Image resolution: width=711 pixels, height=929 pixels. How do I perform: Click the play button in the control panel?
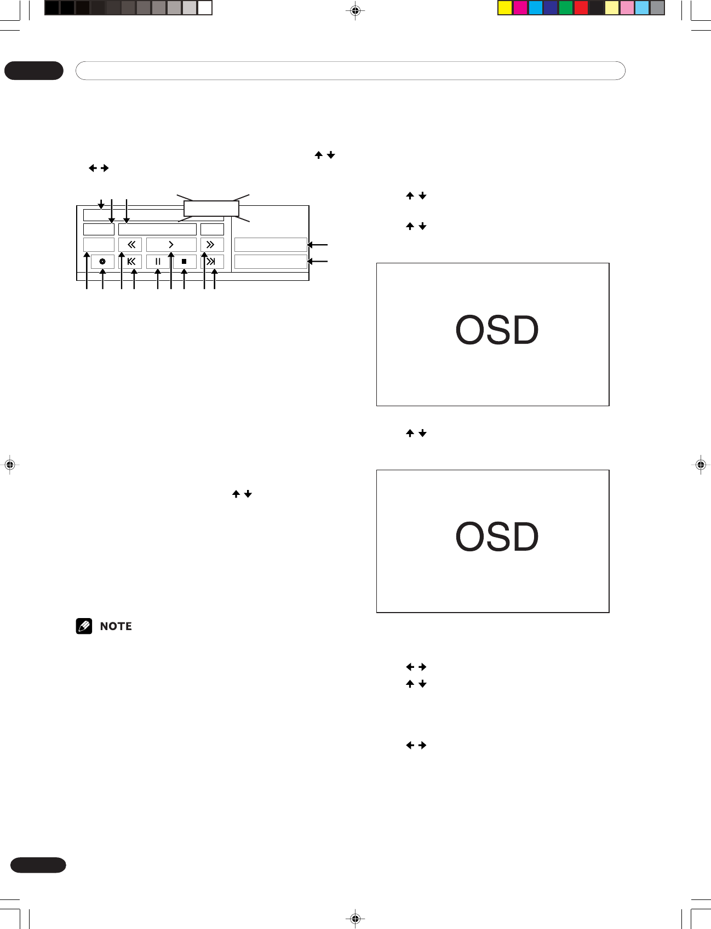pyautogui.click(x=171, y=245)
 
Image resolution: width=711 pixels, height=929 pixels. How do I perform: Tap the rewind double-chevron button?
pyautogui.click(x=130, y=245)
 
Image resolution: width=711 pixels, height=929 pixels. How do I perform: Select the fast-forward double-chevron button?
pyautogui.click(x=211, y=245)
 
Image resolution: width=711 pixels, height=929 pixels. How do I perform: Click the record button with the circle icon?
pyautogui.click(x=102, y=262)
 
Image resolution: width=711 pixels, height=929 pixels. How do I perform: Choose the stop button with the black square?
pyautogui.click(x=185, y=262)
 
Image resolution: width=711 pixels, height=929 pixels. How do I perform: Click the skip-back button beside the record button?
pyautogui.click(x=130, y=262)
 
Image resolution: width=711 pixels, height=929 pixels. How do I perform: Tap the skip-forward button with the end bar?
pyautogui.click(x=211, y=262)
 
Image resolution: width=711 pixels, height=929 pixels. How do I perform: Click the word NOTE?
pyautogui.click(x=116, y=626)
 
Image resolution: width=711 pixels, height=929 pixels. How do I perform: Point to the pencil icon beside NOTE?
pyautogui.click(x=84, y=626)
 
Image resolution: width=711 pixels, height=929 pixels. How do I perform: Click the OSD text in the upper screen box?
pyautogui.click(x=496, y=330)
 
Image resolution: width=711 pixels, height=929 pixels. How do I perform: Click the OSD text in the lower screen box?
pyautogui.click(x=496, y=536)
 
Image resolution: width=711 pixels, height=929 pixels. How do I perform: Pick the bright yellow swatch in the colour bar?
pyautogui.click(x=504, y=8)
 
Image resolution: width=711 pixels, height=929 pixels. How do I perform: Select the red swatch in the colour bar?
pyautogui.click(x=581, y=8)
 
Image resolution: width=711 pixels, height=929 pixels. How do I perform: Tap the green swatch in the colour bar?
pyautogui.click(x=566, y=8)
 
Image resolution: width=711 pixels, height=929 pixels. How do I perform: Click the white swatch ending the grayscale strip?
pyautogui.click(x=205, y=8)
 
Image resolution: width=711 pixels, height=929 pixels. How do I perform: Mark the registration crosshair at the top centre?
pyautogui.click(x=355, y=10)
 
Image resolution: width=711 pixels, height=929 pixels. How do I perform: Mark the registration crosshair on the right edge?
pyautogui.click(x=701, y=465)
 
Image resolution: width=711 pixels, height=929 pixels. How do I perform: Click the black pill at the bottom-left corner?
pyautogui.click(x=38, y=865)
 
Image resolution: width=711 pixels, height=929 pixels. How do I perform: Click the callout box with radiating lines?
pyautogui.click(x=211, y=209)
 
